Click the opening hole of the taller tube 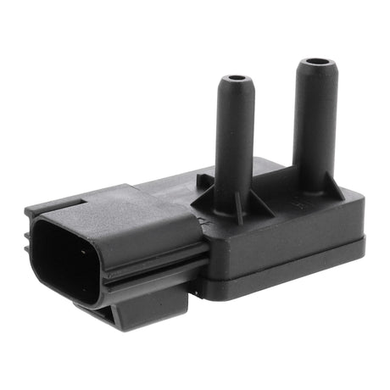319,63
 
